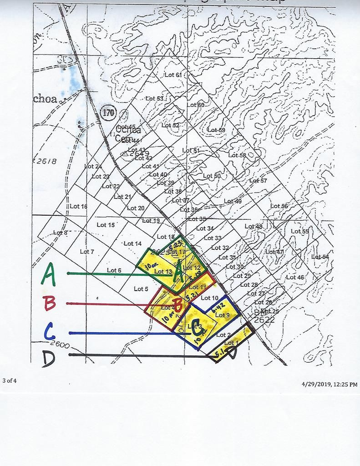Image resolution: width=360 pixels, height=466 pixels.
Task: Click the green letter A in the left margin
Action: (49, 274)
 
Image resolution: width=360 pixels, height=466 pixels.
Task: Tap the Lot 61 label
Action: (173, 75)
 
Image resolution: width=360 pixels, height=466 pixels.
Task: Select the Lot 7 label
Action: (87, 252)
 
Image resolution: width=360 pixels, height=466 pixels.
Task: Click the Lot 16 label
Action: (78, 206)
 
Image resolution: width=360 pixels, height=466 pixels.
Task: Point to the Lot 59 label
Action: (216, 130)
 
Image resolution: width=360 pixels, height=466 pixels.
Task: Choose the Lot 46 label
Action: (295, 277)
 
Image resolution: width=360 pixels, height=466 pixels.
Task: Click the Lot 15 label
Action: (106, 225)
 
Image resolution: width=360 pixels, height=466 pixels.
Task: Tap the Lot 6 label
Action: (114, 270)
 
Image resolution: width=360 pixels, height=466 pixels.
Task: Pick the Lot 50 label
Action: (212, 176)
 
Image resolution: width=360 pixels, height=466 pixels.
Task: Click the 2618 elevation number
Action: (45, 161)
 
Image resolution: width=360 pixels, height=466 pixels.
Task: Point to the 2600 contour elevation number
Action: (60, 345)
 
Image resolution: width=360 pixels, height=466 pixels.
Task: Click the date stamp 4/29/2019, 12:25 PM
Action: (330, 384)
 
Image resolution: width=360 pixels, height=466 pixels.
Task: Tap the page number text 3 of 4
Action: (10, 380)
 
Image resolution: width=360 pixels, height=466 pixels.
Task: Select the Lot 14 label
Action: (132, 244)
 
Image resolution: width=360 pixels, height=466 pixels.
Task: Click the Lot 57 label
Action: (258, 181)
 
